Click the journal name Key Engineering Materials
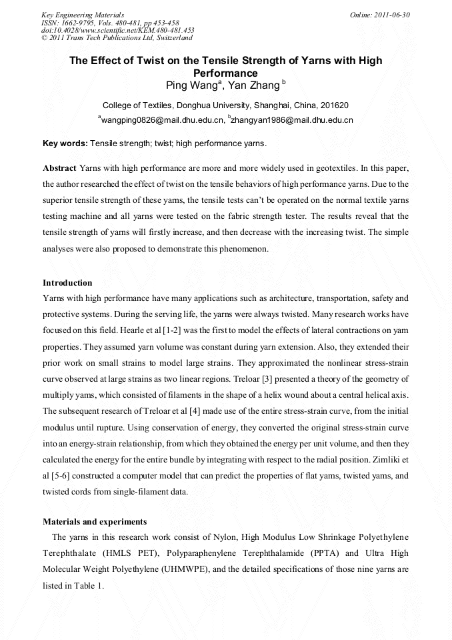pos(83,15)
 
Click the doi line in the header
pos(117,30)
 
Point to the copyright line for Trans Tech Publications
pos(117,38)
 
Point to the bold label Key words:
pos(65,143)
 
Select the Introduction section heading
pos(67,283)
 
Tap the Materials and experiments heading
pos(95,521)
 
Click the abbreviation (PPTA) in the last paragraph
pos(327,553)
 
